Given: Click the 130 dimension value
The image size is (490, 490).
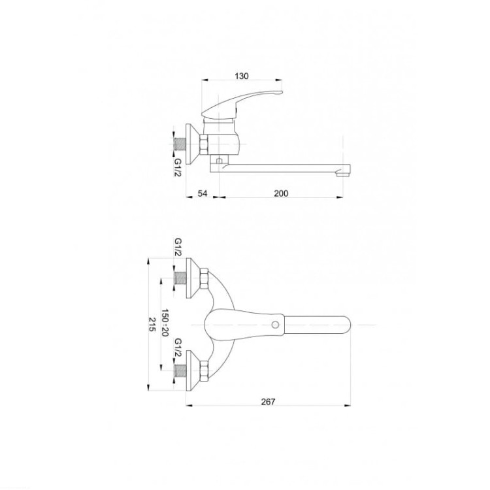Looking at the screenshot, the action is coord(242,76).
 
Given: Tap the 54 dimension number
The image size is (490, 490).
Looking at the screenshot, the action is coord(203,193).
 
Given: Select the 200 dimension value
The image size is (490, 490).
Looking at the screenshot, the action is coord(281,193).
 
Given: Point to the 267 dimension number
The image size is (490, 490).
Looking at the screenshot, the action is coord(268,402).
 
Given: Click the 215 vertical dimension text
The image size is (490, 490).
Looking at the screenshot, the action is coord(152,324).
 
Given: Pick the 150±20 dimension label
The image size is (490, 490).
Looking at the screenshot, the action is coord(165,323).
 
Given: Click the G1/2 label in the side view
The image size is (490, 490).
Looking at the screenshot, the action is coord(178,167).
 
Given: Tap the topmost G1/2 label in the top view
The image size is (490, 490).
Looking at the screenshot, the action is coord(178,247).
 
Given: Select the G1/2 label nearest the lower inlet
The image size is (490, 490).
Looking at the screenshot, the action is coord(178,347).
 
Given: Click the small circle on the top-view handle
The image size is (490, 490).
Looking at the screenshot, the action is coord(275,325).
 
